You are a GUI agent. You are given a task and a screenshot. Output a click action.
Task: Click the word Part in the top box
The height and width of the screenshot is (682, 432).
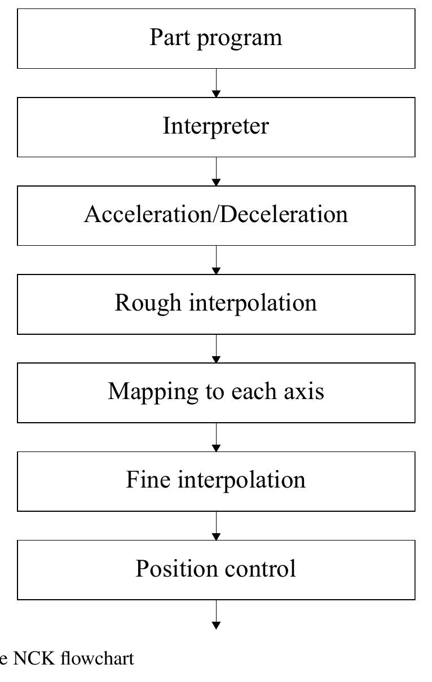pos(167,37)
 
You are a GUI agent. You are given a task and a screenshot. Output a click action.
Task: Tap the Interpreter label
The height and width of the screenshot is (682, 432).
pos(216,126)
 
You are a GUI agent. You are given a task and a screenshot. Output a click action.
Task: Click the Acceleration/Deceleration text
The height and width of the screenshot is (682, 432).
pos(216,214)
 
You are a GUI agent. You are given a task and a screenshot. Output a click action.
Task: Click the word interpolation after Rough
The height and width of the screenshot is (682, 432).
pos(253,303)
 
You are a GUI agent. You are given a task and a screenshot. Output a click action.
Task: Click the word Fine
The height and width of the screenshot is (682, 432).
pos(148,480)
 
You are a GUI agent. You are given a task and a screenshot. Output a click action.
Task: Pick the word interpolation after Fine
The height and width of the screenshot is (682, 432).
pos(242,480)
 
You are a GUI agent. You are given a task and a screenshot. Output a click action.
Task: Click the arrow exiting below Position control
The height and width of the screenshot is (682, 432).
pos(216,615)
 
